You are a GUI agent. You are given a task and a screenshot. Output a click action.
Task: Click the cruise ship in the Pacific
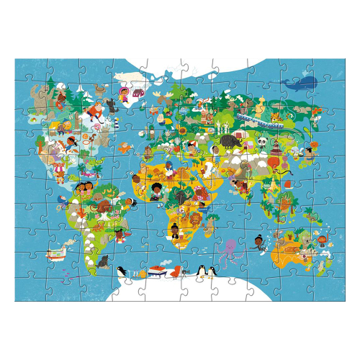tap(54, 253)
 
